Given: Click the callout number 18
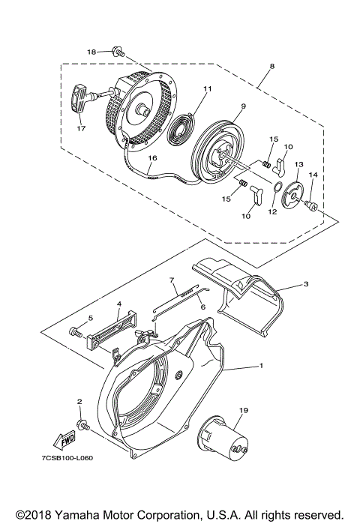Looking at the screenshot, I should click(x=91, y=52).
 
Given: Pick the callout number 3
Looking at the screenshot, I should click(x=306, y=284).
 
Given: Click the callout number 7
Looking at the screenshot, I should click(x=172, y=280).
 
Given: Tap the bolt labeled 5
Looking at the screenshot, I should click(x=75, y=331).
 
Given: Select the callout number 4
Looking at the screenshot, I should click(x=118, y=304).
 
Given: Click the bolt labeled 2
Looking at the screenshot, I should click(x=84, y=425).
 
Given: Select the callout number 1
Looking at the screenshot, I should click(x=261, y=366).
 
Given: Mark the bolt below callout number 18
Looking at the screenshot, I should click(x=118, y=52).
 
